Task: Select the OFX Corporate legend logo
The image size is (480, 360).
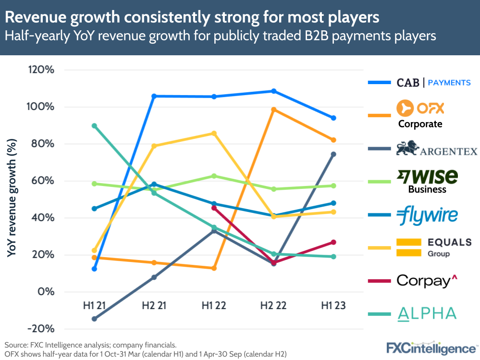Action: click(420, 114)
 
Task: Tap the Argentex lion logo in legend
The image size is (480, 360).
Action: click(408, 149)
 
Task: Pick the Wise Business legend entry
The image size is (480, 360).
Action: click(427, 181)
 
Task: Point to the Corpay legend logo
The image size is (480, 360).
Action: click(426, 280)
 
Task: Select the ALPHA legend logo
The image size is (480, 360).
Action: click(427, 313)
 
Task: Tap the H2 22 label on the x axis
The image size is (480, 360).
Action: click(273, 306)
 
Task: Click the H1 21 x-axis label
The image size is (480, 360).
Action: click(95, 306)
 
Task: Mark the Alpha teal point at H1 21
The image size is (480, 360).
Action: click(95, 126)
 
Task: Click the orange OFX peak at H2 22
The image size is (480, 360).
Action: click(273, 110)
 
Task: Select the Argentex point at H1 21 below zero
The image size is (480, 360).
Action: click(95, 319)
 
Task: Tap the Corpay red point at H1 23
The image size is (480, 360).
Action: click(333, 242)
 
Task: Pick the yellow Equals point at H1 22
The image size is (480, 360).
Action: click(214, 133)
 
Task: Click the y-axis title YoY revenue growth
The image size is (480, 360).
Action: click(12, 197)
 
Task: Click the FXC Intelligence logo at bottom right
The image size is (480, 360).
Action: click(431, 348)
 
